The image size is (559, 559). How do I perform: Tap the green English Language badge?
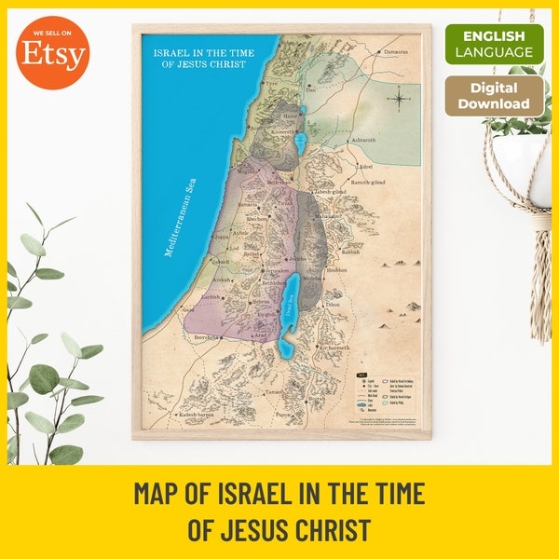(494, 44)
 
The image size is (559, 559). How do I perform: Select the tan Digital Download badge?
(494, 96)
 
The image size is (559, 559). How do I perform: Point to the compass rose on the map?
(399, 96)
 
